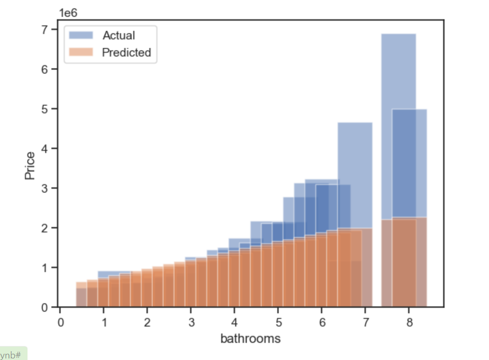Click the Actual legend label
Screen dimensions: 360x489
coord(118,35)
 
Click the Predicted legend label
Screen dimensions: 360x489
coord(126,52)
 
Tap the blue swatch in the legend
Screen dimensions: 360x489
coord(81,35)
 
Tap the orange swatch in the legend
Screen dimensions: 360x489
coord(81,52)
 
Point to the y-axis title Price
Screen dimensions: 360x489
coord(30,165)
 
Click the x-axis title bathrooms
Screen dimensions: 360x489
coord(250,339)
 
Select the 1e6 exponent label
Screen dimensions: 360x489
coord(68,12)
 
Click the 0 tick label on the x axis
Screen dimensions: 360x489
coord(60,322)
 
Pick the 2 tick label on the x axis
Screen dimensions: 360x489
coord(147,322)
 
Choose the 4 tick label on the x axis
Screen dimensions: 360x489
coord(235,322)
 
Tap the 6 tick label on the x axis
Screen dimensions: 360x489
coord(322,322)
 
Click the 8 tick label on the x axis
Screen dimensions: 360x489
coord(409,322)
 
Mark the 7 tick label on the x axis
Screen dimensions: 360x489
coord(365,322)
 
